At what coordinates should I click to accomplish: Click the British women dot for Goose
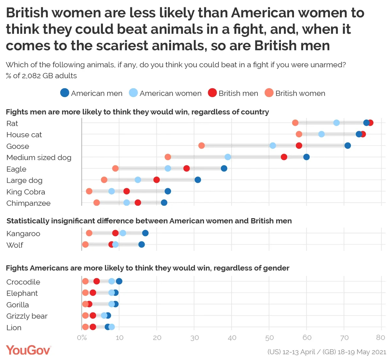click(202, 145)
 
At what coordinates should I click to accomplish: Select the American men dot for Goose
click(348, 145)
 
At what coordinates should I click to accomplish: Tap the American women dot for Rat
click(336, 123)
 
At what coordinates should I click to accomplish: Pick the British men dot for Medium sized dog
click(284, 157)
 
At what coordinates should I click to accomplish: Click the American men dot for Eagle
click(224, 169)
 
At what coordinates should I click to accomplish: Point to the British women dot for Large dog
click(104, 180)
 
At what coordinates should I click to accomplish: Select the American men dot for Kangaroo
click(145, 233)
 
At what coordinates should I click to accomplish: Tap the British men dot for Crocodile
click(97, 281)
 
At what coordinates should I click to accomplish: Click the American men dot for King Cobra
click(168, 191)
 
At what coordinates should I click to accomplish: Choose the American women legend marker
click(133, 93)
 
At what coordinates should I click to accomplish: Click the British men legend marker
click(212, 93)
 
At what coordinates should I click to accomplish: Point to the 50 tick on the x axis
click(269, 337)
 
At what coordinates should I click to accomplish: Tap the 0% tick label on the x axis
click(82, 337)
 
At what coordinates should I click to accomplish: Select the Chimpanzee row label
click(28, 203)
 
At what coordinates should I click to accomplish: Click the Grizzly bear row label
click(27, 316)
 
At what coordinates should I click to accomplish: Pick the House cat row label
click(24, 135)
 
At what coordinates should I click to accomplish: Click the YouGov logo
click(28, 350)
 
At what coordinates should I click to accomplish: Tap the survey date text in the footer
click(327, 352)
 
